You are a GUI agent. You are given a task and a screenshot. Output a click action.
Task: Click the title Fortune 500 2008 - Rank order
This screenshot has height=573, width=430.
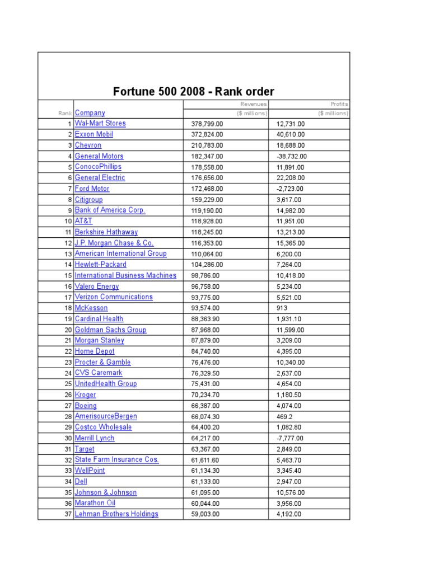click(x=194, y=91)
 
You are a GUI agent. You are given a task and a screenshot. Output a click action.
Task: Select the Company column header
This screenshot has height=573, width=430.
click(x=90, y=112)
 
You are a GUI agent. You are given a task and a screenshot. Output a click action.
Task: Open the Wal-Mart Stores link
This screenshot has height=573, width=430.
click(x=100, y=123)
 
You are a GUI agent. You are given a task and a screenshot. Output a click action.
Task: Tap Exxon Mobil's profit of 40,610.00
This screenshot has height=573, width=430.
click(x=291, y=134)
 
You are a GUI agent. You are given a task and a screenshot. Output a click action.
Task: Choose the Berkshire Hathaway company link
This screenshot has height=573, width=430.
click(x=106, y=232)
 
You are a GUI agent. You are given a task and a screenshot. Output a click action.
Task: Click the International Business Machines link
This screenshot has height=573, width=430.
click(x=125, y=275)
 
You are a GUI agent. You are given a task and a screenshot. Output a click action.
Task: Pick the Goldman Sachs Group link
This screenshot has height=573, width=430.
click(x=110, y=330)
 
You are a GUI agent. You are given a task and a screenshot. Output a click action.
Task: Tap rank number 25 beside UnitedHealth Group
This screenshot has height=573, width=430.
click(x=69, y=384)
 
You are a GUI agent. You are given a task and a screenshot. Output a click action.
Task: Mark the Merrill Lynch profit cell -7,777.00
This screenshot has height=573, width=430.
click(x=291, y=438)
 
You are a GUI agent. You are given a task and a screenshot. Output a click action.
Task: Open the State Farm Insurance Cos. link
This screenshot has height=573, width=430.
click(x=116, y=459)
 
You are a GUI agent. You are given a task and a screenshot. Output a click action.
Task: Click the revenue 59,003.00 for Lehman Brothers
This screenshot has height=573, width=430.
click(x=205, y=514)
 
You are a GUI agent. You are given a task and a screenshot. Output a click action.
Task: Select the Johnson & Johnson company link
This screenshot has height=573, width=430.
click(x=106, y=492)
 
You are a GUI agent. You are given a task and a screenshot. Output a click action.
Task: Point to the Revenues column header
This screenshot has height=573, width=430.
click(x=254, y=104)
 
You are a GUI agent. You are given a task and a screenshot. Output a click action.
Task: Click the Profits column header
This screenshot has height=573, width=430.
click(x=339, y=104)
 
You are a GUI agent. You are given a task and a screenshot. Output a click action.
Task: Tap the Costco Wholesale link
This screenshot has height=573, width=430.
click(x=104, y=427)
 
